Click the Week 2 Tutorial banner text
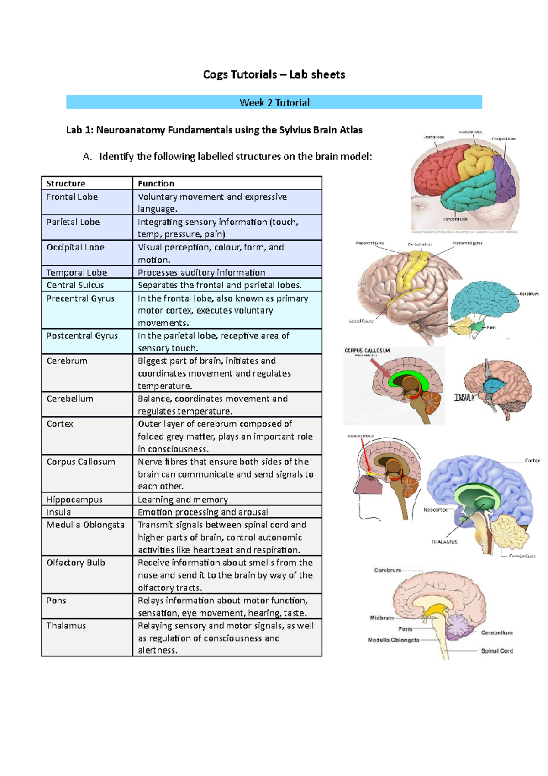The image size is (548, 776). click(x=274, y=102)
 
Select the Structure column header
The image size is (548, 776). click(x=66, y=183)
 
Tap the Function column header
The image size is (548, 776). click(x=156, y=183)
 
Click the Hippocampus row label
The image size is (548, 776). click(x=74, y=500)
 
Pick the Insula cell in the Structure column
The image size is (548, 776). click(x=58, y=512)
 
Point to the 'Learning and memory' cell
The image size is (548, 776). click(x=183, y=500)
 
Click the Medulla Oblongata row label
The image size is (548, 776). click(x=85, y=525)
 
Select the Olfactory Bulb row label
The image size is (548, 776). click(x=76, y=563)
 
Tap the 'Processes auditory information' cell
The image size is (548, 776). click(x=201, y=272)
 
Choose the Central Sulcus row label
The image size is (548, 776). click(x=75, y=285)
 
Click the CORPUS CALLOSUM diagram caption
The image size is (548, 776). click(x=367, y=351)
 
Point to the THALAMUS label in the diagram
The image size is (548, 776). click(x=444, y=542)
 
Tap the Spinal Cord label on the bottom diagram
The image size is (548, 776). click(x=497, y=651)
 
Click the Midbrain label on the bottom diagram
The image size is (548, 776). click(x=382, y=617)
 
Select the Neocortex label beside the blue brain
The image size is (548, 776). click(x=435, y=510)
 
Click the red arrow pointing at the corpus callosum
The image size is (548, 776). click(x=382, y=369)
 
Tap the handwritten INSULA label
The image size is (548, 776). click(x=464, y=398)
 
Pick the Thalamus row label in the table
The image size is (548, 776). click(x=66, y=626)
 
